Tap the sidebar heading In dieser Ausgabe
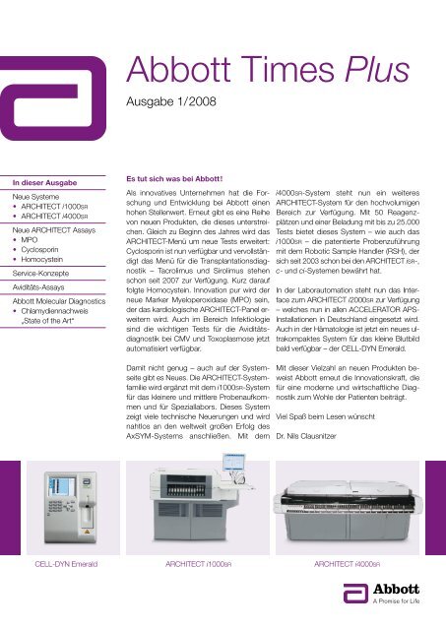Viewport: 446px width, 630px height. click(x=44, y=183)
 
